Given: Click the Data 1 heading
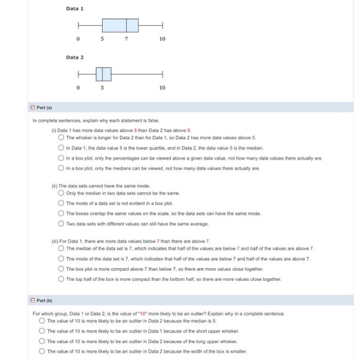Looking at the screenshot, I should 74,9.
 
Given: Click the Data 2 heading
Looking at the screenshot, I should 74,57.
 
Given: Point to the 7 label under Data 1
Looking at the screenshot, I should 126,39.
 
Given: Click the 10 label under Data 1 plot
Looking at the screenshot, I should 162,39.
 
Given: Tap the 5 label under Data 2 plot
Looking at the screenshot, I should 102,88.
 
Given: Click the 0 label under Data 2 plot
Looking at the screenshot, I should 78,88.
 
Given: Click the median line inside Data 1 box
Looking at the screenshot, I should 126,25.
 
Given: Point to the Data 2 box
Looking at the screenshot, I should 103,74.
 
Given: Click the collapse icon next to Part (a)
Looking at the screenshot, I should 31,107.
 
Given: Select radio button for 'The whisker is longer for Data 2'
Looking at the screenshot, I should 61,138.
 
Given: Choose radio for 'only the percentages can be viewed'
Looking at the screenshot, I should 61,158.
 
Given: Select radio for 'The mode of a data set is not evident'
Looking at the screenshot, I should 61,203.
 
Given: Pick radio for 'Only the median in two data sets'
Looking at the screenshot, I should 61,193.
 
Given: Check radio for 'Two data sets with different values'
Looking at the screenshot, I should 61,223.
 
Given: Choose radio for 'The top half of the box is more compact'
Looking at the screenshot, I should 61,279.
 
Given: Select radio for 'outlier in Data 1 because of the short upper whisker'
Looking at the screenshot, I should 42,331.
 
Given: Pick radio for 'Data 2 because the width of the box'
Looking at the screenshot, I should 42,351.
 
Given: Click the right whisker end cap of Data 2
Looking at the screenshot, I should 162,74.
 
